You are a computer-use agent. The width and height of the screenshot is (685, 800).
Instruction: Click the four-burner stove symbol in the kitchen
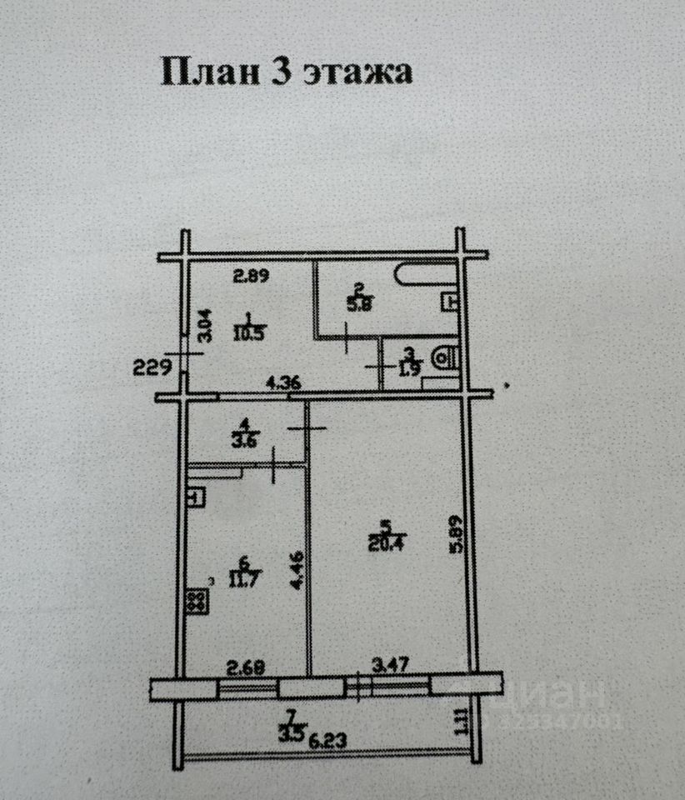click(x=197, y=601)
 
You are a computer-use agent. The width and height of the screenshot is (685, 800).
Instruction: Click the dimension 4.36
click(x=283, y=385)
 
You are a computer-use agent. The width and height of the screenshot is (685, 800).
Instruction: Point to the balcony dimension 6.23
click(x=325, y=737)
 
